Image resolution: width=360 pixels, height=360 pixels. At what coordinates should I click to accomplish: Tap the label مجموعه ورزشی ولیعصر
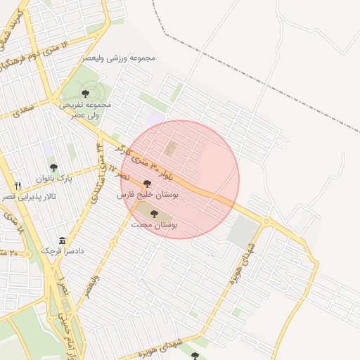tap(119, 57)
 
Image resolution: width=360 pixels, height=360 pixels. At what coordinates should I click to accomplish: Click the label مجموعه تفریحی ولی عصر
tap(85, 108)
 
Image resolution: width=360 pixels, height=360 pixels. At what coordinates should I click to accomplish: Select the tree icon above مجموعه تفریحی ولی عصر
tap(85, 93)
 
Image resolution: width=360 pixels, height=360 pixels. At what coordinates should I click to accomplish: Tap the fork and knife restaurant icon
tap(18, 186)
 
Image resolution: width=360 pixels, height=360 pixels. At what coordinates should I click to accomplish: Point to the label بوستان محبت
tap(154, 224)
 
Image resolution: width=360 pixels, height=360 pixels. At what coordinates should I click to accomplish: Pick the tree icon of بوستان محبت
tap(154, 214)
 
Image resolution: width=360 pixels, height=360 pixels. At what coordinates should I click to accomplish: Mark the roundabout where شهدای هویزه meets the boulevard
tap(266, 221)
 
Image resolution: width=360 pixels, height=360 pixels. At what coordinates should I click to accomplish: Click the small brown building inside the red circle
tap(171, 148)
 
